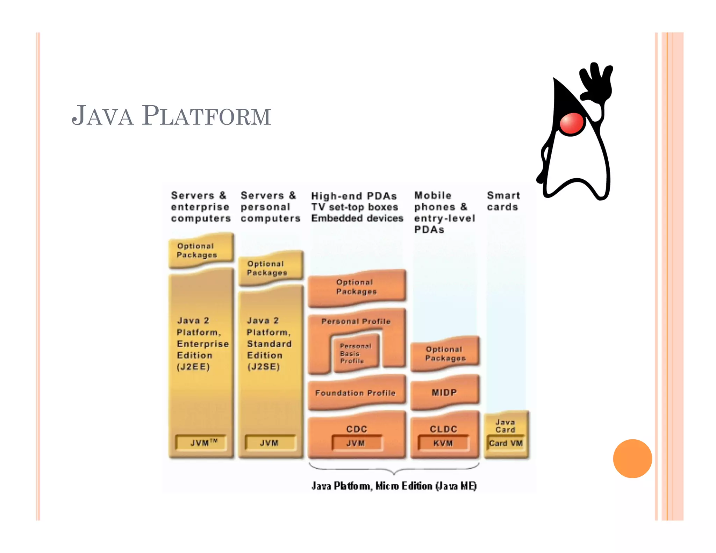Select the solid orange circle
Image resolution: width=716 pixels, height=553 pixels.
point(632,458)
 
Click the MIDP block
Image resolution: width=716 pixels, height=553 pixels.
point(444,393)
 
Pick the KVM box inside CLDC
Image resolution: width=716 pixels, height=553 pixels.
point(443,443)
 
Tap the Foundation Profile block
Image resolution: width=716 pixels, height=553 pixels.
point(356,393)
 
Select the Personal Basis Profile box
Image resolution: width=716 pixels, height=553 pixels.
point(355,353)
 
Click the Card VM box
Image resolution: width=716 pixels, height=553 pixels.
point(506,443)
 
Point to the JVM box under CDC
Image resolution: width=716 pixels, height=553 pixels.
point(356,443)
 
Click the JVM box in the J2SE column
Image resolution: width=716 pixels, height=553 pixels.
point(269,443)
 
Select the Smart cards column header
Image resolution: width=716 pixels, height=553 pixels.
point(503,201)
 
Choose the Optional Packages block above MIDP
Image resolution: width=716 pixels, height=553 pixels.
point(445,354)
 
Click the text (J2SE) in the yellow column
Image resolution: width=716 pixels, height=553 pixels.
point(264,367)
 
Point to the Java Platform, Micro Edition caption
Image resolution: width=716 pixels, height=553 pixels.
point(394,486)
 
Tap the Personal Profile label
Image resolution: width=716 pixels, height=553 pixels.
point(356,321)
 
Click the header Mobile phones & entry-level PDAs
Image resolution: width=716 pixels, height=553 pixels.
point(444,212)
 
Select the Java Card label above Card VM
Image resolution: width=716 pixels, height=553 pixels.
point(506,426)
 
